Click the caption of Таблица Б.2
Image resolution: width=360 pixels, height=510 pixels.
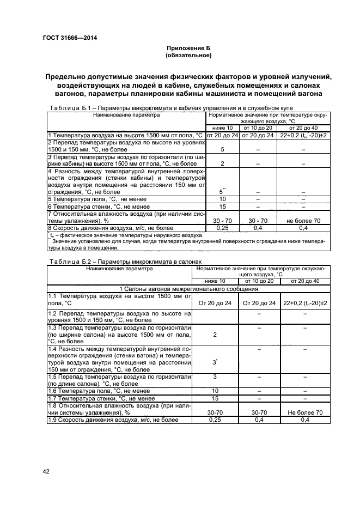pyautogui.click(x=125, y=262)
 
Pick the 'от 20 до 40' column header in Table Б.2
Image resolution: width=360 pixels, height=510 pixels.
pyautogui.click(x=304, y=281)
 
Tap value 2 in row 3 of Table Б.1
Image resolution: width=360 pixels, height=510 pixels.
pyautogui.click(x=222, y=163)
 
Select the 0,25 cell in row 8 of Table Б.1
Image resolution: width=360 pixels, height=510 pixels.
pyautogui.click(x=222, y=228)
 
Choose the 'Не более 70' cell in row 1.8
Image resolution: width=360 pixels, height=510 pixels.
pyautogui.click(x=304, y=413)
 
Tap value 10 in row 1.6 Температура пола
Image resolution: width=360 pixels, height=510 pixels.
pyautogui.click(x=215, y=391)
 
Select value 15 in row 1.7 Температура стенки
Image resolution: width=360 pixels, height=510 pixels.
pyautogui.click(x=215, y=398)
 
